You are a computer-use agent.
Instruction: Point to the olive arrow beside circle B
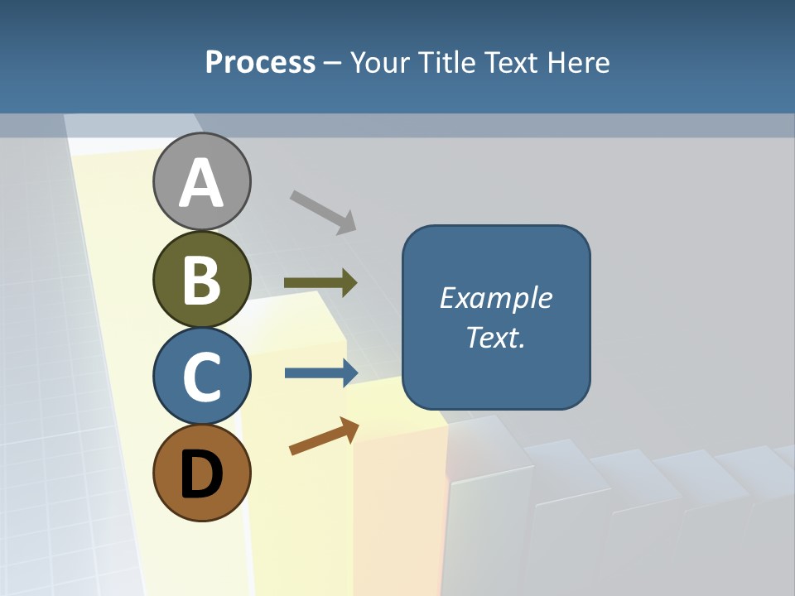(320, 283)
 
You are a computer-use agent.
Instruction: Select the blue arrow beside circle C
(321, 372)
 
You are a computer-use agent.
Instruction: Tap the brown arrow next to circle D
(324, 436)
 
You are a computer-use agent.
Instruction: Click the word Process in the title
(260, 63)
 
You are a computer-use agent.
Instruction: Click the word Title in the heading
(447, 63)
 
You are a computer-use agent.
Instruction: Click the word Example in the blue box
(496, 298)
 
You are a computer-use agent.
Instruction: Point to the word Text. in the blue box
(496, 337)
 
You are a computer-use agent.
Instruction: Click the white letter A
(202, 184)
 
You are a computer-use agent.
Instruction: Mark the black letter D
(202, 474)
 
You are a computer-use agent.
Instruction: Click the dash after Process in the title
(333, 64)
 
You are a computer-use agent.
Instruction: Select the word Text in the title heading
(512, 63)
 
